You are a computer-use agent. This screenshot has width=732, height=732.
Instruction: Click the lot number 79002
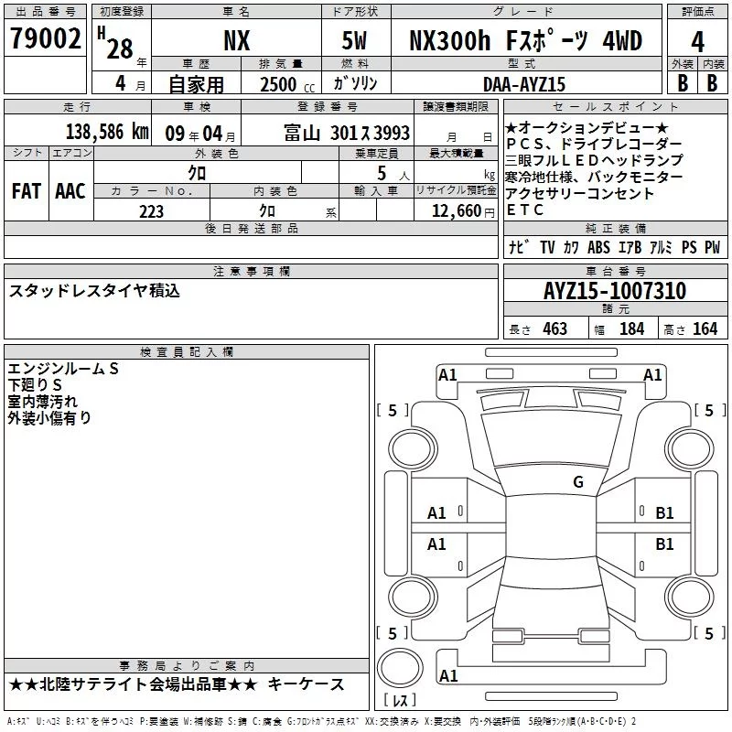45,38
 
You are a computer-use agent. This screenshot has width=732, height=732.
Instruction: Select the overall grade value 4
697,42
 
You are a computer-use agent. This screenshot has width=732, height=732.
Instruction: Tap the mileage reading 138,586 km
107,132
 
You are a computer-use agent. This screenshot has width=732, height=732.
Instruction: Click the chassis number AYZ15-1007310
615,291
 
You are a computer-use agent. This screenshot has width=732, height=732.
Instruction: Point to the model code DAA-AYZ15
524,84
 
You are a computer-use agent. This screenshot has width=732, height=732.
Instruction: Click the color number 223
151,211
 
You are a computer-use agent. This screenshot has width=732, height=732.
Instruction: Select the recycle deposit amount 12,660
457,211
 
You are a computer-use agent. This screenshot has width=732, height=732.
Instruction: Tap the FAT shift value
27,191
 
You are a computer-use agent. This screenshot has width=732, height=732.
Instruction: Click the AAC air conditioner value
70,191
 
